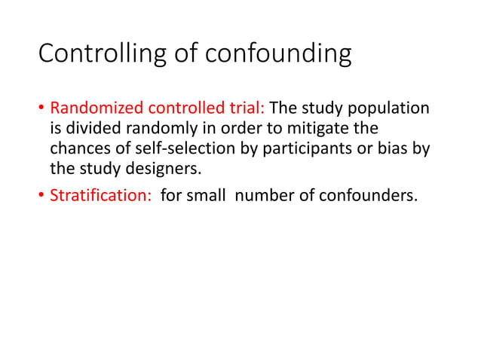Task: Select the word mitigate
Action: pos(309,130)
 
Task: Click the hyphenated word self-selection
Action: pos(173,148)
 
